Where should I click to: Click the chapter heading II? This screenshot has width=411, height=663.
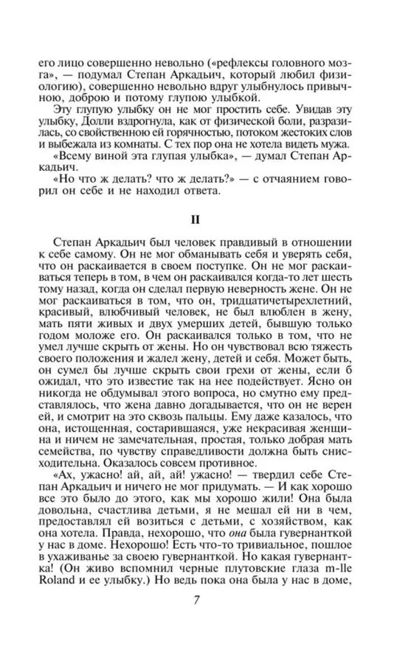[x=205, y=219]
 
